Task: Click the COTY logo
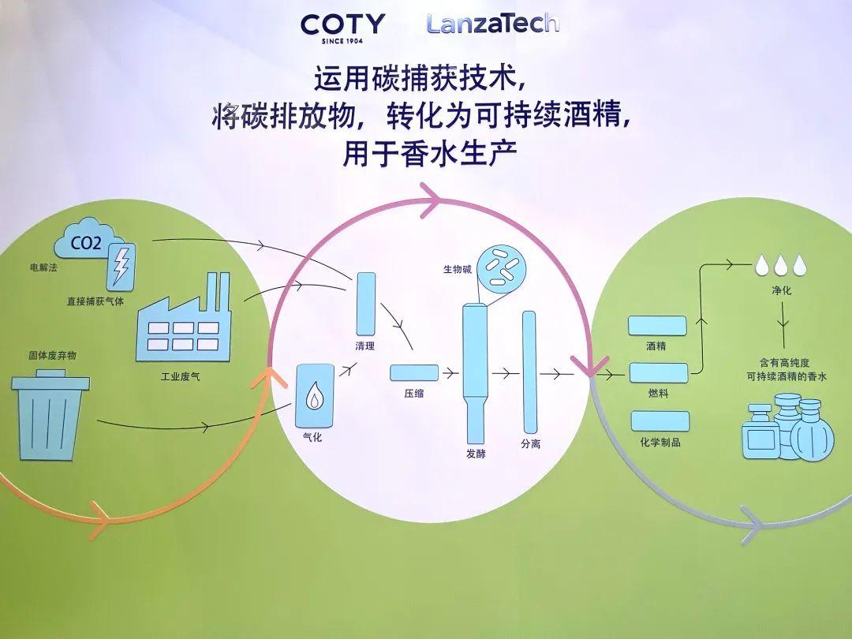point(342,26)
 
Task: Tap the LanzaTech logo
point(492,23)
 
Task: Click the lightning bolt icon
point(121,266)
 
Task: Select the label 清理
point(366,346)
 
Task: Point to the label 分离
point(530,444)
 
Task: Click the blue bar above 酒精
point(657,325)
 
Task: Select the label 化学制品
point(660,443)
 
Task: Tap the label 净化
point(781,291)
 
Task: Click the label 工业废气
point(180,376)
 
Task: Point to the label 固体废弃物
point(53,355)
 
